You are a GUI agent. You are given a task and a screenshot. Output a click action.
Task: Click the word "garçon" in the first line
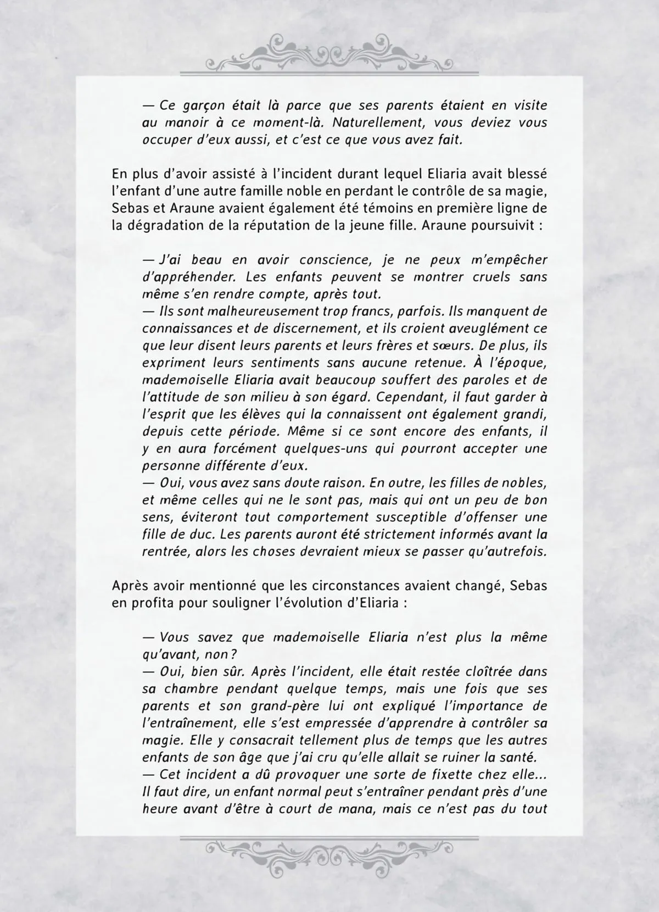(200, 105)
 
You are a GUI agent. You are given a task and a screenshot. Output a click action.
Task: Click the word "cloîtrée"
(488, 671)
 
